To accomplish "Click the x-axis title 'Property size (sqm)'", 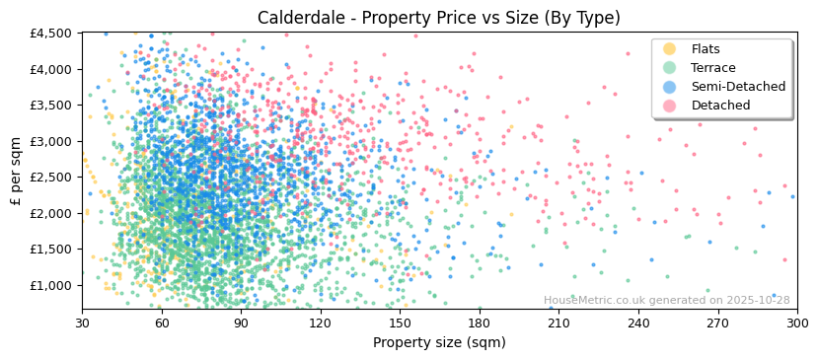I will [439, 343].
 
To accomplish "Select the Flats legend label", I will [706, 49].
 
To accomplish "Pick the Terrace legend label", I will [712, 68].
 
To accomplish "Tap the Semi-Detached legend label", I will [738, 87].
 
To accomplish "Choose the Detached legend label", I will [720, 106].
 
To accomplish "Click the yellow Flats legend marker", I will [669, 49].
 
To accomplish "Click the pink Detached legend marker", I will [669, 106].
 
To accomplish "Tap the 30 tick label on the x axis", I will [82, 324].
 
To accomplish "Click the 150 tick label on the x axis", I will [400, 324].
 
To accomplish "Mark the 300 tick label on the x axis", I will [796, 324].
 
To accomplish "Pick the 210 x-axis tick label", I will [558, 324].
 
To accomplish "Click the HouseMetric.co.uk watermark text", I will [666, 301].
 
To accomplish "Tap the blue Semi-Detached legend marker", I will [669, 87].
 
